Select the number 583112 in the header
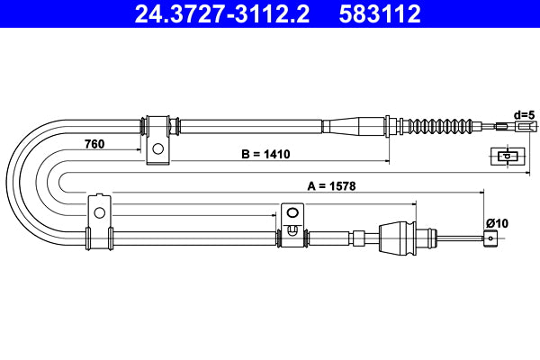click(380, 13)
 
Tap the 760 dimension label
click(95, 143)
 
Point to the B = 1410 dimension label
click(265, 154)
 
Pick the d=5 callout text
click(524, 114)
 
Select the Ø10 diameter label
click(497, 222)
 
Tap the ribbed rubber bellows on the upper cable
click(441, 125)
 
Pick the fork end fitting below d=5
click(521, 127)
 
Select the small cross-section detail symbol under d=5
click(506, 157)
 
